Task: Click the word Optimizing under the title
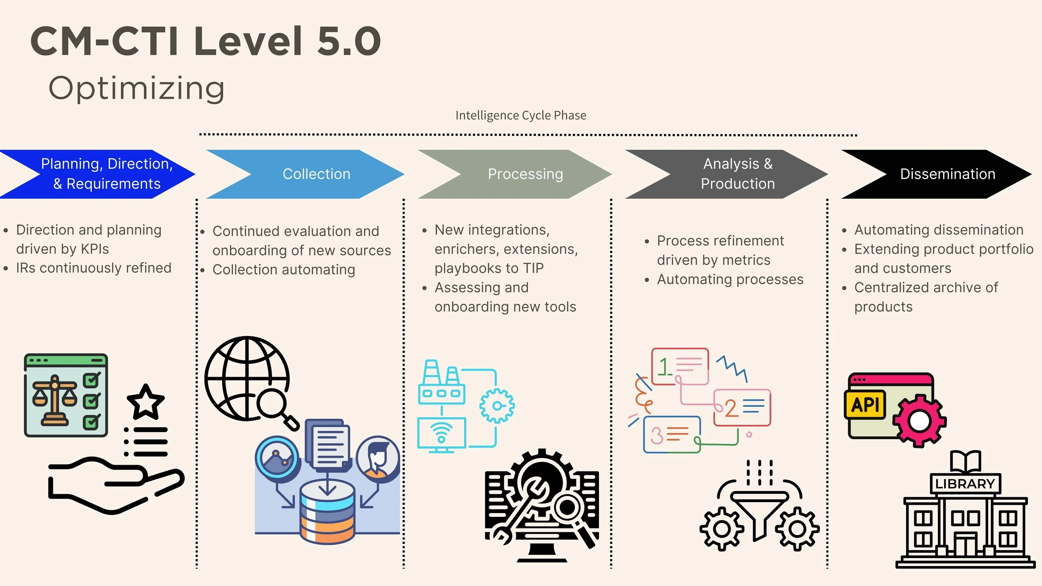click(x=137, y=88)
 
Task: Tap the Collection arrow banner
click(x=316, y=174)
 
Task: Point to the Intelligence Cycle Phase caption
click(x=521, y=115)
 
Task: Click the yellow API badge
click(x=865, y=405)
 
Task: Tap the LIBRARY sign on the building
click(x=965, y=484)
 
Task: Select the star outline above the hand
click(x=145, y=402)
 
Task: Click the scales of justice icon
click(x=55, y=400)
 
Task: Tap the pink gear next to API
click(x=919, y=421)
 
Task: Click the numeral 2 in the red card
click(x=731, y=408)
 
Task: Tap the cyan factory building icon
click(x=441, y=383)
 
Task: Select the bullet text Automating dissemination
click(x=939, y=230)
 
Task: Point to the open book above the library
click(x=965, y=461)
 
